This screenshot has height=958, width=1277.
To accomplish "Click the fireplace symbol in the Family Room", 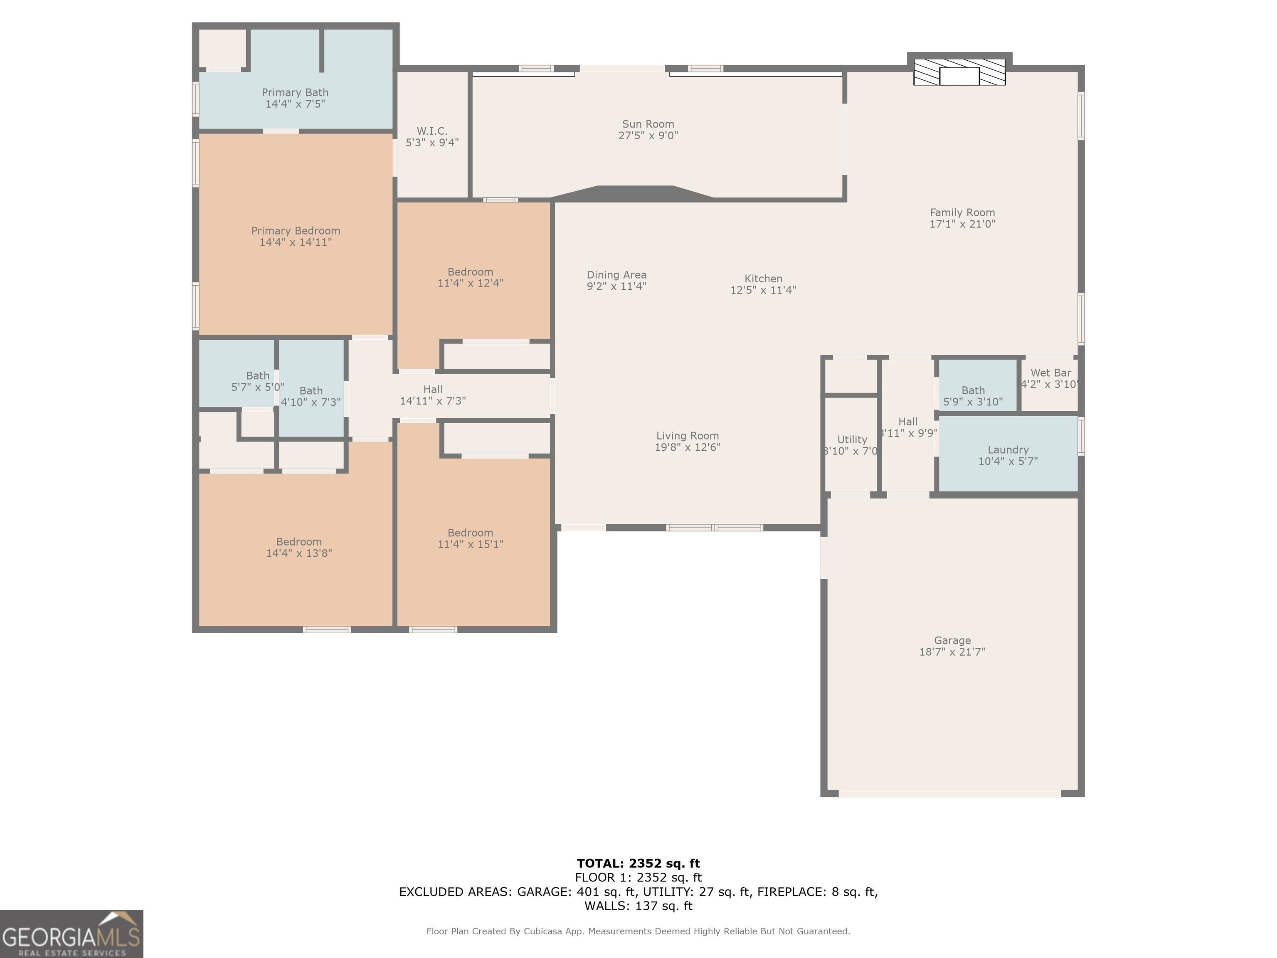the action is (959, 72).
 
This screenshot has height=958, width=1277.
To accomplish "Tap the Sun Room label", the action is (648, 124).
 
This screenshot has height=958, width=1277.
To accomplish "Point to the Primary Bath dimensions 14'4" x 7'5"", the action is (295, 104).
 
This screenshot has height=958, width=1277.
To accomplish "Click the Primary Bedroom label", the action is (296, 231).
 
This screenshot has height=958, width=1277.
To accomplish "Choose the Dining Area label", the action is (616, 275).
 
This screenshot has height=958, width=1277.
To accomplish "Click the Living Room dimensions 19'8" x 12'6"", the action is (687, 447).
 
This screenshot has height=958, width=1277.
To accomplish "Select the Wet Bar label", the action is (1051, 373).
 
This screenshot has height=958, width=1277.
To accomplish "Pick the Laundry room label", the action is (1008, 450).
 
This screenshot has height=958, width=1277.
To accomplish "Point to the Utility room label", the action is (852, 439).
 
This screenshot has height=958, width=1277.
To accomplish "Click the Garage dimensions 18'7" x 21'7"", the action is (952, 652).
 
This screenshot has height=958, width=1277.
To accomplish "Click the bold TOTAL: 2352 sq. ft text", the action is (638, 863).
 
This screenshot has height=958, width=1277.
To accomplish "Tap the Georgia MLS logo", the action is (71, 934).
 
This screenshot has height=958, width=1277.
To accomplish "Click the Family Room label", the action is (962, 212).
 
